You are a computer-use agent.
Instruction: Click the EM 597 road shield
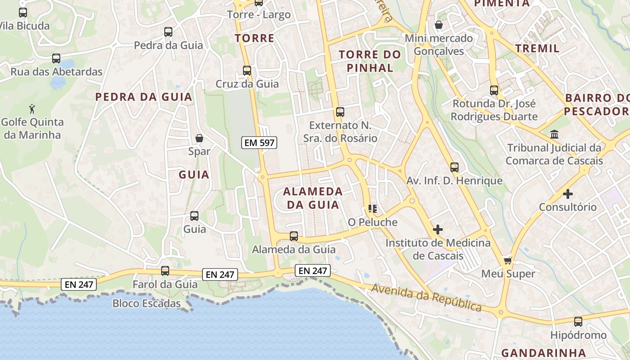tap(259, 143)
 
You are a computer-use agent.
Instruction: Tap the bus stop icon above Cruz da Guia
tap(247, 71)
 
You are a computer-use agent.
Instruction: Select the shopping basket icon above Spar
tap(199, 138)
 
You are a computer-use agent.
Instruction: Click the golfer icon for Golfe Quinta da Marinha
tap(32, 108)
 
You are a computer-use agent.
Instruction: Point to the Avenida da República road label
tap(426, 297)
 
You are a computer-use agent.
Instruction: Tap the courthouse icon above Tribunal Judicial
tap(554, 135)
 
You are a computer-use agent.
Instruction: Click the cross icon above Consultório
tap(568, 194)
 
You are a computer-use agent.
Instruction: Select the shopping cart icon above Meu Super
tap(508, 261)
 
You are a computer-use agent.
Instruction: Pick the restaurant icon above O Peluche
tap(372, 209)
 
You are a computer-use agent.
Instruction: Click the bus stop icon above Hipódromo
tap(578, 322)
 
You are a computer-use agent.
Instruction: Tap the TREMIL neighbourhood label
tap(537, 48)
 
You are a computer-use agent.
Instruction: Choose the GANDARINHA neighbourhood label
tap(543, 353)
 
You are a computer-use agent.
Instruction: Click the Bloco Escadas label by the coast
tap(146, 303)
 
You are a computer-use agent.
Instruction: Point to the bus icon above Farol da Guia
tap(165, 271)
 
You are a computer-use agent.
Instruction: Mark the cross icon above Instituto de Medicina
tap(437, 229)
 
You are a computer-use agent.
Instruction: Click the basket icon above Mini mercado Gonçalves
tap(438, 25)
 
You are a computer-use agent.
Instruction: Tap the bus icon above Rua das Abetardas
tap(56, 58)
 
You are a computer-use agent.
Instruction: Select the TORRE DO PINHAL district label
tap(369, 61)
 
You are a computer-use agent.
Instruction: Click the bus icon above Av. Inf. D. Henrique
tap(454, 167)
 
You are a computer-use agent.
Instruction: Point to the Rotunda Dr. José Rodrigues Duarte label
tap(494, 110)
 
